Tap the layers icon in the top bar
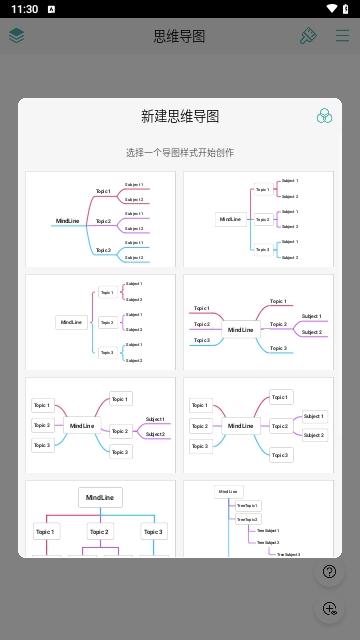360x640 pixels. [x=17, y=36]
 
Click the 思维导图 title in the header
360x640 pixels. [x=180, y=36]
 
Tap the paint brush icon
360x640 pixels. [x=308, y=36]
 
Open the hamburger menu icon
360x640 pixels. [x=342, y=36]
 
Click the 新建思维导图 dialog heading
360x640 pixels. [x=180, y=117]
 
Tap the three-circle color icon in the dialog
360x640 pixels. [x=324, y=117]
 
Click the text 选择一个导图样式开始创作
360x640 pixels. [x=180, y=153]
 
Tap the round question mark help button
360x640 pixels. [x=329, y=572]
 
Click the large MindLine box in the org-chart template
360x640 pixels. [x=100, y=497]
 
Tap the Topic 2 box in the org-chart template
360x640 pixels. [x=100, y=531]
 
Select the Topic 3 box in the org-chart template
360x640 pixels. [x=153, y=531]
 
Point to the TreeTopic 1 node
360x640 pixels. [x=246, y=505]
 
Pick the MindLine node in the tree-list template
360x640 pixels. [x=228, y=491]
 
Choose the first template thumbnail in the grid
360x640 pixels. [x=100, y=219]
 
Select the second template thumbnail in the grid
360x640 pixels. [x=258, y=219]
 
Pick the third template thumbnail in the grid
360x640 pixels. [x=100, y=322]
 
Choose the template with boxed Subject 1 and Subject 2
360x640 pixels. [x=258, y=425]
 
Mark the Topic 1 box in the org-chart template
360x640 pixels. [x=46, y=531]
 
